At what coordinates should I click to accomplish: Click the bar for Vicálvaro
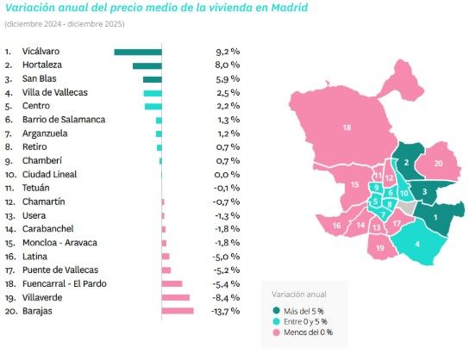pyautogui.click(x=138, y=52)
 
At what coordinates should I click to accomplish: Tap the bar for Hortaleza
pyautogui.click(x=147, y=65)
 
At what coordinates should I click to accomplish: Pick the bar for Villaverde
pyautogui.click(x=175, y=297)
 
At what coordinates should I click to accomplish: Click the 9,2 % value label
pyautogui.click(x=227, y=52)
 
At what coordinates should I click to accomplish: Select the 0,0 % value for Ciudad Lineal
pyautogui.click(x=227, y=175)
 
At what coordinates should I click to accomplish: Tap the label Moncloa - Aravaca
pyautogui.click(x=62, y=243)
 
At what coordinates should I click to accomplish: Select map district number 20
pyautogui.click(x=438, y=163)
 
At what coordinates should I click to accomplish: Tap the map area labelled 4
pyautogui.click(x=418, y=244)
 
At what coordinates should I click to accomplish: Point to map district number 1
pyautogui.click(x=435, y=217)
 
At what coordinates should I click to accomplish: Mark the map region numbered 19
pyautogui.click(x=380, y=248)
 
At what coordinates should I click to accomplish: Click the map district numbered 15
pyautogui.click(x=354, y=185)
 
